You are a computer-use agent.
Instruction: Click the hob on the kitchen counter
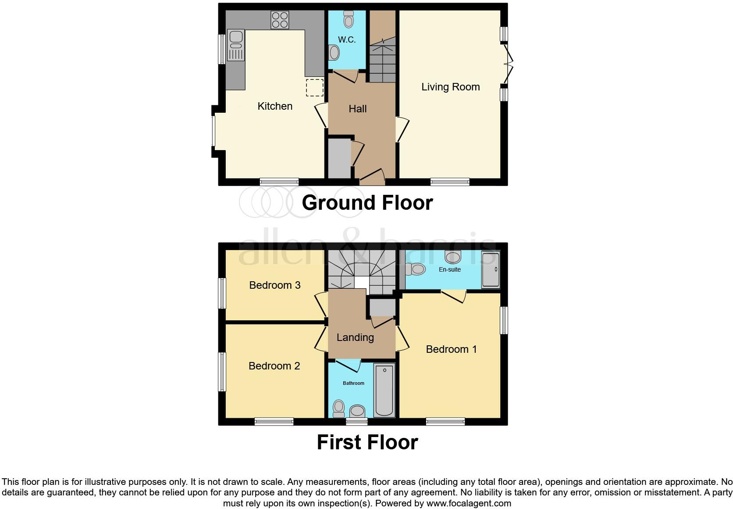(280, 20)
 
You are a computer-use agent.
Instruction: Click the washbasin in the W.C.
(334, 53)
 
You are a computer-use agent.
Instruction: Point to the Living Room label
(450, 87)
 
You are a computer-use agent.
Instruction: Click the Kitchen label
(275, 106)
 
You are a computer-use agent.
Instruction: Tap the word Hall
(358, 109)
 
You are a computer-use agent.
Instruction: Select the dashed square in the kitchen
(314, 87)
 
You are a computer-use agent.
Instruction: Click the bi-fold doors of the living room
(509, 64)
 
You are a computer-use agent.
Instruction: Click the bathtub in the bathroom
(384, 390)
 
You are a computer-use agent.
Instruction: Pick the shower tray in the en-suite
(490, 270)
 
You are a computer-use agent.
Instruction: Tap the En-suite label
(450, 269)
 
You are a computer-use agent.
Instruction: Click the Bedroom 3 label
(275, 285)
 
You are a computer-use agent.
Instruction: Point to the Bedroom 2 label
(274, 366)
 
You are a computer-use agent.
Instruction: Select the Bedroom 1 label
(451, 349)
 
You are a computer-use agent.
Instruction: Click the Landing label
(355, 337)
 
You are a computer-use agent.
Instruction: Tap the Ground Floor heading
(367, 203)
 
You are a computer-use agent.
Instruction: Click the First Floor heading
(367, 442)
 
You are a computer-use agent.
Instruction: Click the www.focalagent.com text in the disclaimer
(469, 503)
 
